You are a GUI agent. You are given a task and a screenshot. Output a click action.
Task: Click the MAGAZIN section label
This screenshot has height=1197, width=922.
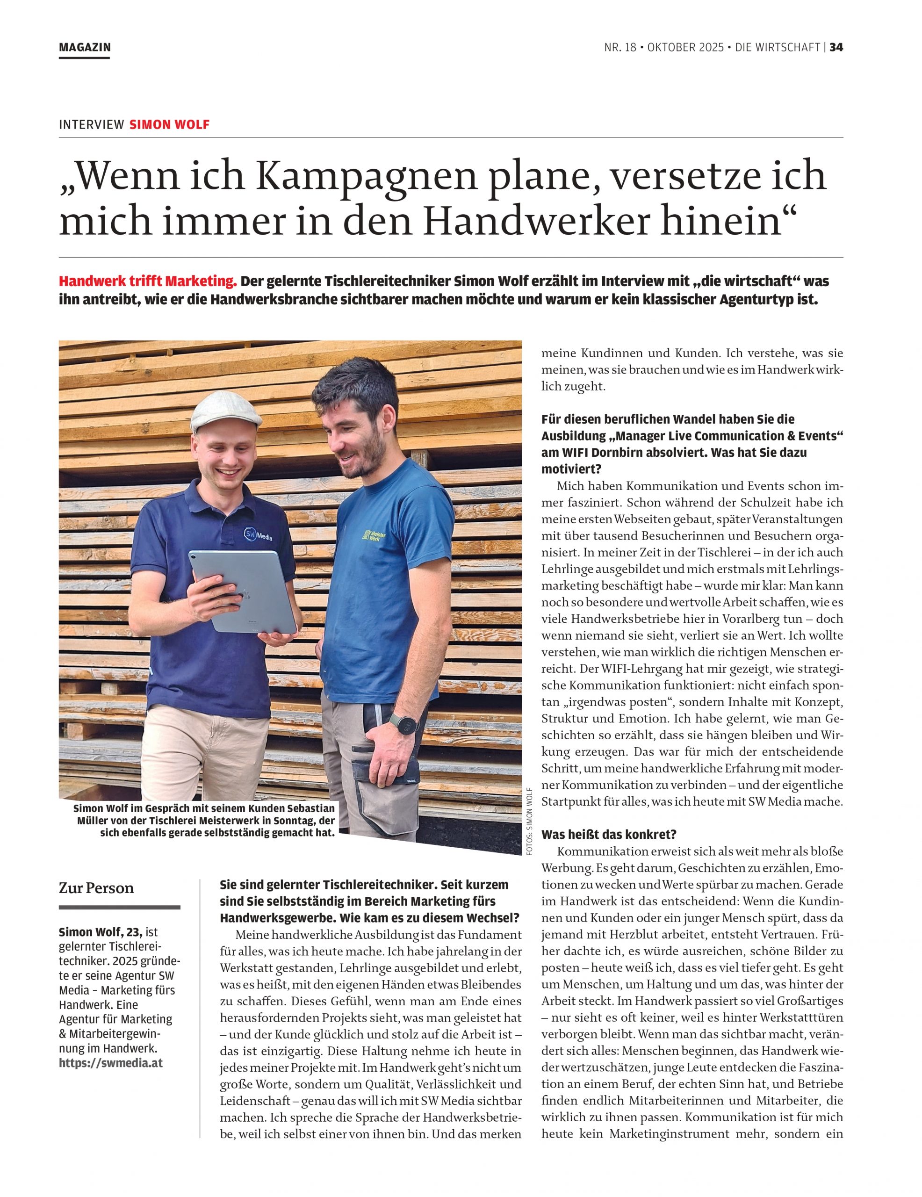point(85,48)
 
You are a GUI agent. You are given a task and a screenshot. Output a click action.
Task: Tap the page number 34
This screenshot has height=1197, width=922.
point(836,48)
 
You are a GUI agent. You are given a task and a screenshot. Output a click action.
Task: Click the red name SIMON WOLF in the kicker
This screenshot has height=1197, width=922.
point(169,124)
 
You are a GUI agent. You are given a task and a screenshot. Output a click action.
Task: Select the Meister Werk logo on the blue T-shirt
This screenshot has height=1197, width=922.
point(375,535)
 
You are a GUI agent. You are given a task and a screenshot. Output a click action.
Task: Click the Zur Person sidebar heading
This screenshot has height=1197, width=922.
point(96,888)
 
